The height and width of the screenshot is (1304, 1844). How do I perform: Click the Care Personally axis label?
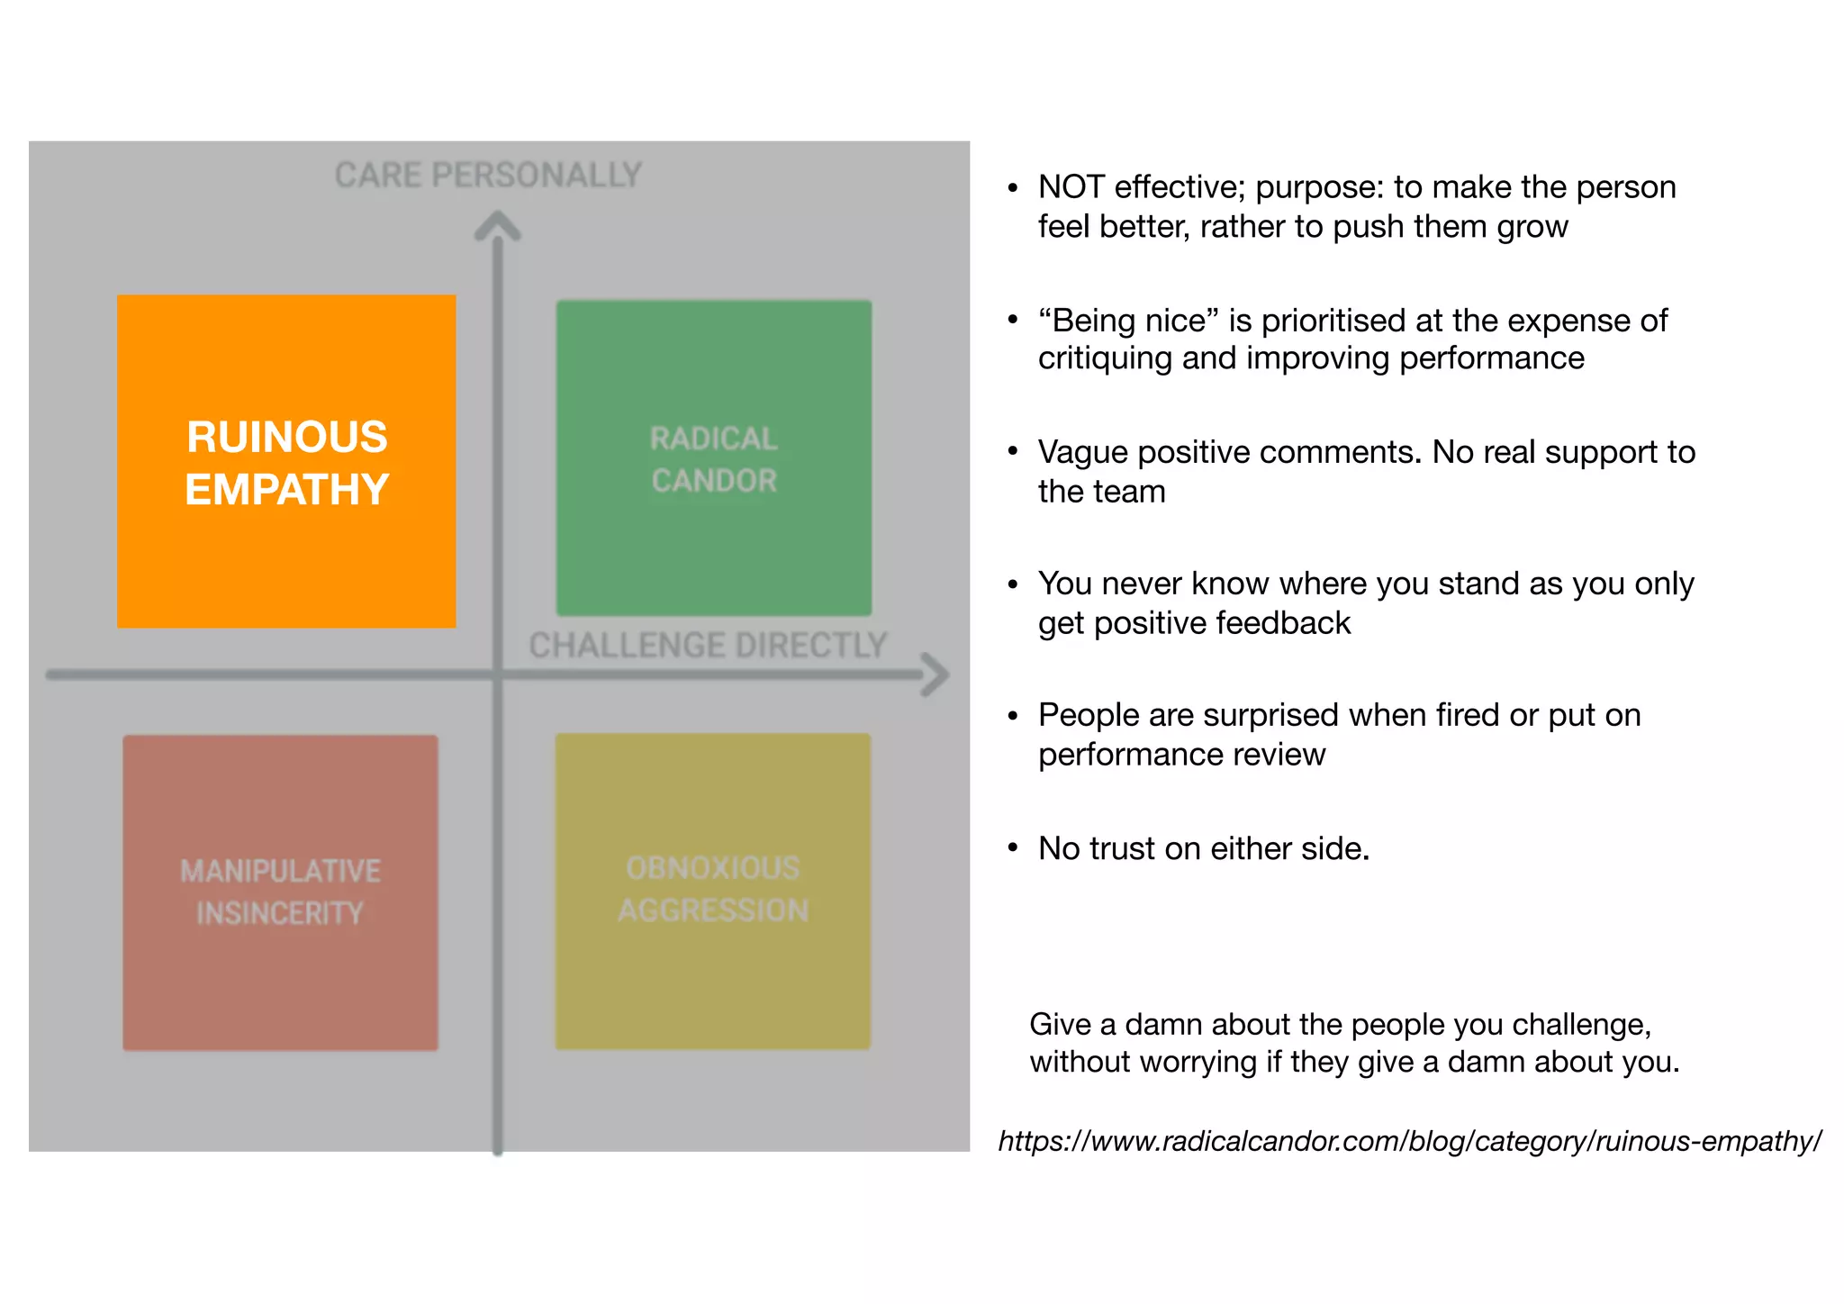[x=488, y=175]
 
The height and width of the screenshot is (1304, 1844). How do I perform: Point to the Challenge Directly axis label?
[x=708, y=646]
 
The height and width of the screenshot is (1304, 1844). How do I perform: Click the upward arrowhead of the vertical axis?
[x=498, y=225]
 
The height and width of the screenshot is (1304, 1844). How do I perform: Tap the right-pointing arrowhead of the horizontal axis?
[x=936, y=675]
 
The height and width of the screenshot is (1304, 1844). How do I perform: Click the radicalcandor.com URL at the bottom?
[x=1410, y=1141]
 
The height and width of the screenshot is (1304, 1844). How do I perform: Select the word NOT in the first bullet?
[x=1071, y=187]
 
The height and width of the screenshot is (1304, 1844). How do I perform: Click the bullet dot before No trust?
[x=1013, y=848]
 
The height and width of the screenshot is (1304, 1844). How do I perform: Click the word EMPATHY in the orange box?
[x=287, y=490]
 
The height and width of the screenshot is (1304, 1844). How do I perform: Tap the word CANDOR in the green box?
[x=714, y=481]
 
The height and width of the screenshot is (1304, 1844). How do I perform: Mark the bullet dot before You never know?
[x=1013, y=584]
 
